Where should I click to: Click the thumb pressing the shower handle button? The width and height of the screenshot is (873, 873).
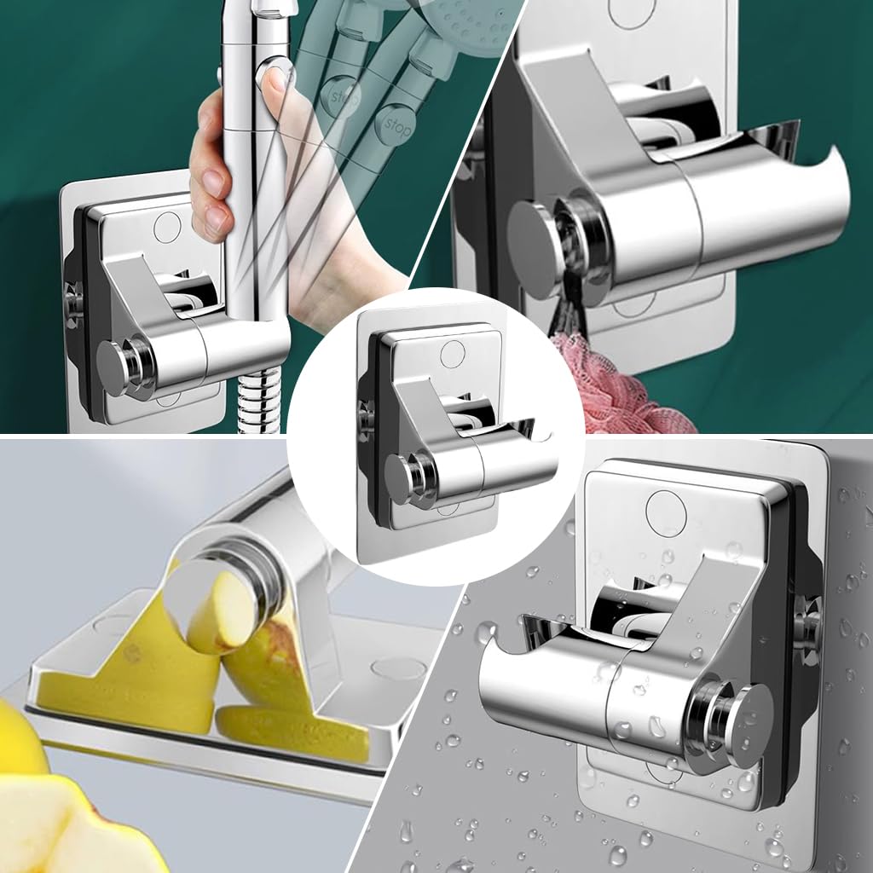pos(275,78)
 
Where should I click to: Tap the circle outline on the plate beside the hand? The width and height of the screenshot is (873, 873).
pos(167,226)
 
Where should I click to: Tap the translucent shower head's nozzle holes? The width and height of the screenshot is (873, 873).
pos(465,17)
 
